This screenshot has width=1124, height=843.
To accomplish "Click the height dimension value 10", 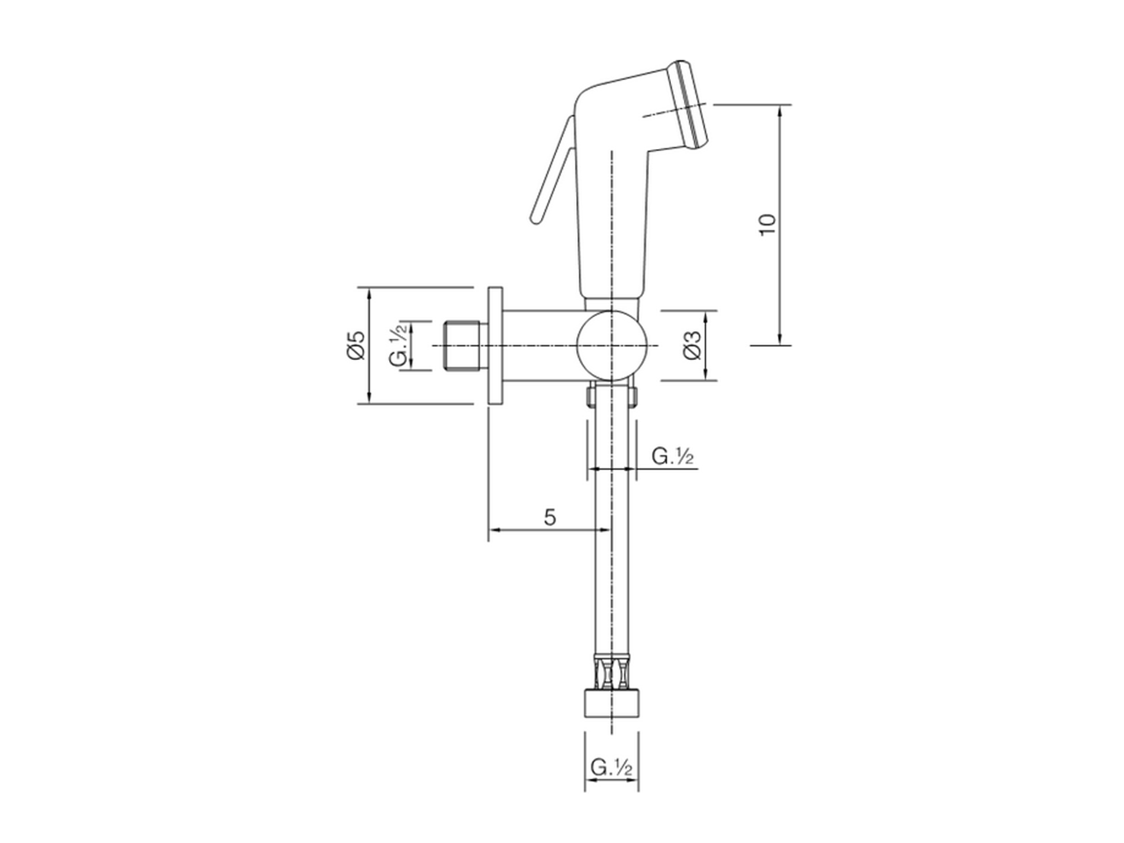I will coord(768,225).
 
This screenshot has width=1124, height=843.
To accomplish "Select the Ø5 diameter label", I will coord(355,345).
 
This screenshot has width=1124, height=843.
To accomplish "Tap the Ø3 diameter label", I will coord(691,346).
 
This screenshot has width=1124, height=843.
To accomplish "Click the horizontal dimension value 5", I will coord(550,516).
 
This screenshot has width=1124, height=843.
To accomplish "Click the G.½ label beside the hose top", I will coord(674,456).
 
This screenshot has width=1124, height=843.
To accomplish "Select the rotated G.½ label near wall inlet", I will coord(399,345).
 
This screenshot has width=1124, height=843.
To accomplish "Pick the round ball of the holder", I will coord(611,346).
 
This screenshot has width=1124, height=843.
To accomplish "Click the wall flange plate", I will coord(496,346).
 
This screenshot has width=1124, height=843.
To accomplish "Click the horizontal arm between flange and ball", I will coord(540,346).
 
